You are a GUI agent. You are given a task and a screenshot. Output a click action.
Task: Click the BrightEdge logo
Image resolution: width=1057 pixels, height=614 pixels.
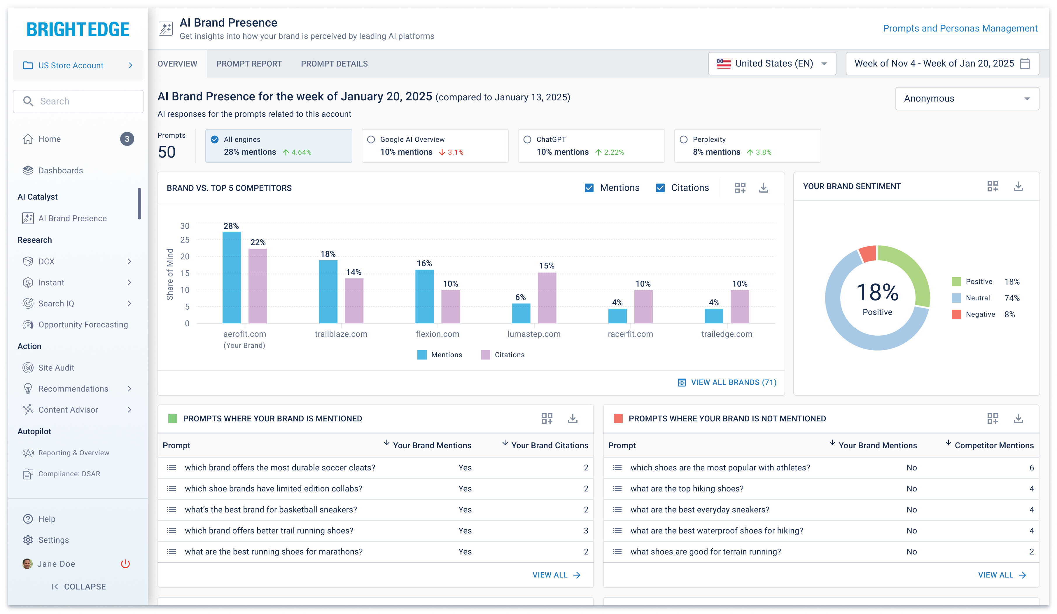pos(78,29)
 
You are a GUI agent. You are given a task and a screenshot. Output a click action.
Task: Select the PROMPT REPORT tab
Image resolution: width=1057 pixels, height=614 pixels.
pos(249,64)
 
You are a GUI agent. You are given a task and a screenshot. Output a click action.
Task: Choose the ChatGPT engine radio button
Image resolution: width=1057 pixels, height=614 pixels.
pos(527,139)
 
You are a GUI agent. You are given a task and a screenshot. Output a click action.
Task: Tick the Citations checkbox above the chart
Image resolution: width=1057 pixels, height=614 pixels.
pos(660,188)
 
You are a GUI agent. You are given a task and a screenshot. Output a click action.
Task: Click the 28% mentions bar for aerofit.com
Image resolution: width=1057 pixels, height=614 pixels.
pos(232,278)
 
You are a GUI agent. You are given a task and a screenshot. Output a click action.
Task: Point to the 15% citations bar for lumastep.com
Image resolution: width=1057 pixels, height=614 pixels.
pos(547,298)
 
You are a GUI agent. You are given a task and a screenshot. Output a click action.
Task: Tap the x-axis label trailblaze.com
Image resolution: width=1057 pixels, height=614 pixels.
pos(341,334)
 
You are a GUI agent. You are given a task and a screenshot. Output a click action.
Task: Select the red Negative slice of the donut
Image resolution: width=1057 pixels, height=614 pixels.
pos(867,254)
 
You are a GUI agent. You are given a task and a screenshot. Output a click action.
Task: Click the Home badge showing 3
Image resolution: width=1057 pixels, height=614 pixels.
pos(127,139)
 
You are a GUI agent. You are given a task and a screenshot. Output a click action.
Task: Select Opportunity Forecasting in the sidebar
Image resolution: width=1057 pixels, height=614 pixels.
pos(83,325)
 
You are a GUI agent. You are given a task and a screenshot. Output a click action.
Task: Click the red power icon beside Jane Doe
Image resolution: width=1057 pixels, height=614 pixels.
pos(125,564)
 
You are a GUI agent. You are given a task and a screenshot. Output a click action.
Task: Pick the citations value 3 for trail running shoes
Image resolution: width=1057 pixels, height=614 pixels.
pos(586,531)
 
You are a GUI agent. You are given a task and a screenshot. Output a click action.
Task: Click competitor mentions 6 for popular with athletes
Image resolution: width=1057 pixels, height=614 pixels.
pos(1031,468)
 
